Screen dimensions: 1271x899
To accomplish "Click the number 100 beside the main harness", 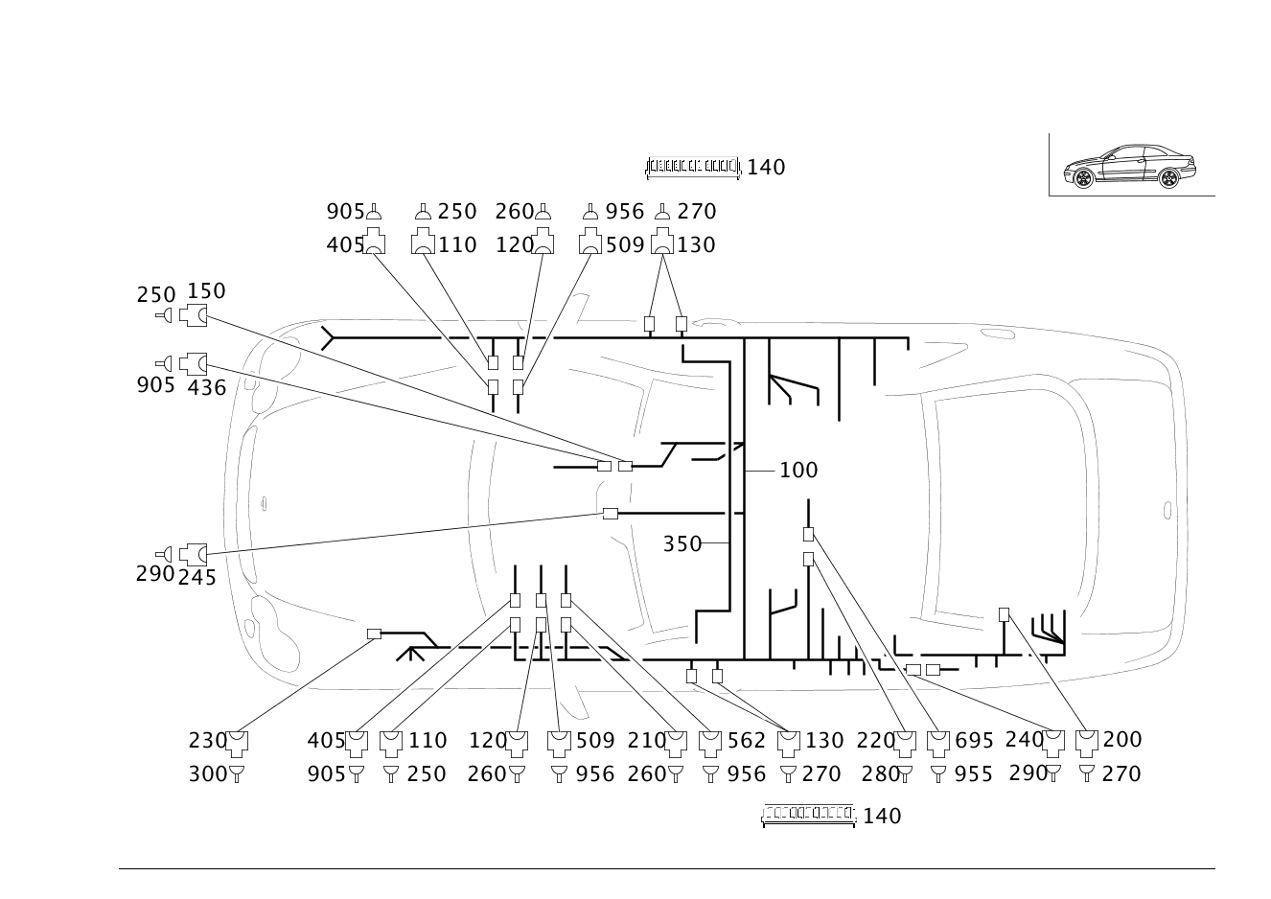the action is [x=798, y=471].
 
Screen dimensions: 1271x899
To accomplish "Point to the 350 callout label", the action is [x=682, y=544].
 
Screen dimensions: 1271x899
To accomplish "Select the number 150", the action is [x=206, y=291].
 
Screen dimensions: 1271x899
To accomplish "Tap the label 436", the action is [x=206, y=388].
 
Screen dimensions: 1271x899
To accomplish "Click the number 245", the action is [x=197, y=578].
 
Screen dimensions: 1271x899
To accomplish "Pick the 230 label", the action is [x=208, y=741].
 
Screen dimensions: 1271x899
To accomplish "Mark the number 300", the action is [x=208, y=774].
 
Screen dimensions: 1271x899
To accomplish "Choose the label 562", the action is [x=747, y=741].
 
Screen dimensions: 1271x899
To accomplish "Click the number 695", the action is [x=974, y=741].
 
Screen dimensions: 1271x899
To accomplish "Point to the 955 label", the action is [x=974, y=774].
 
